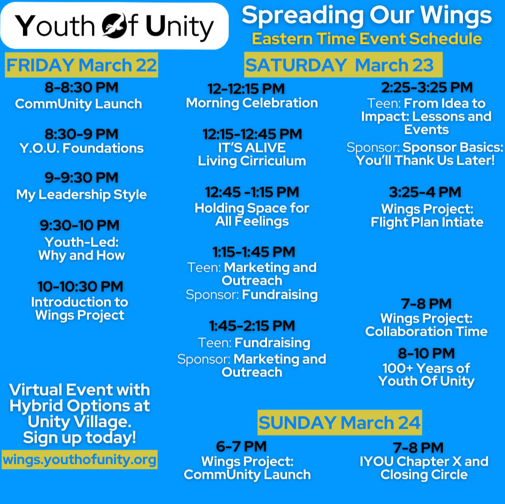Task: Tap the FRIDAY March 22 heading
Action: [81, 65]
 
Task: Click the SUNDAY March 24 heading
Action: [340, 423]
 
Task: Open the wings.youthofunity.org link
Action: [79, 460]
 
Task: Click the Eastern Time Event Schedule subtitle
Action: [367, 39]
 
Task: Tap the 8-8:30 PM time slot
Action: [81, 87]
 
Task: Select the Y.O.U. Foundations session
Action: [81, 148]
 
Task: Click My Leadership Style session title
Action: [81, 195]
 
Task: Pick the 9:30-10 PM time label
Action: [79, 225]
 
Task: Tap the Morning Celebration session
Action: [252, 103]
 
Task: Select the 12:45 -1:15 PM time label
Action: [252, 192]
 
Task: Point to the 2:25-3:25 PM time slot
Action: [427, 87]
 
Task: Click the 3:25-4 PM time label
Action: [425, 192]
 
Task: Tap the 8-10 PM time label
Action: [426, 353]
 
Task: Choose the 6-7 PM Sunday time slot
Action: [241, 446]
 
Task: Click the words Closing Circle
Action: [424, 475]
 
